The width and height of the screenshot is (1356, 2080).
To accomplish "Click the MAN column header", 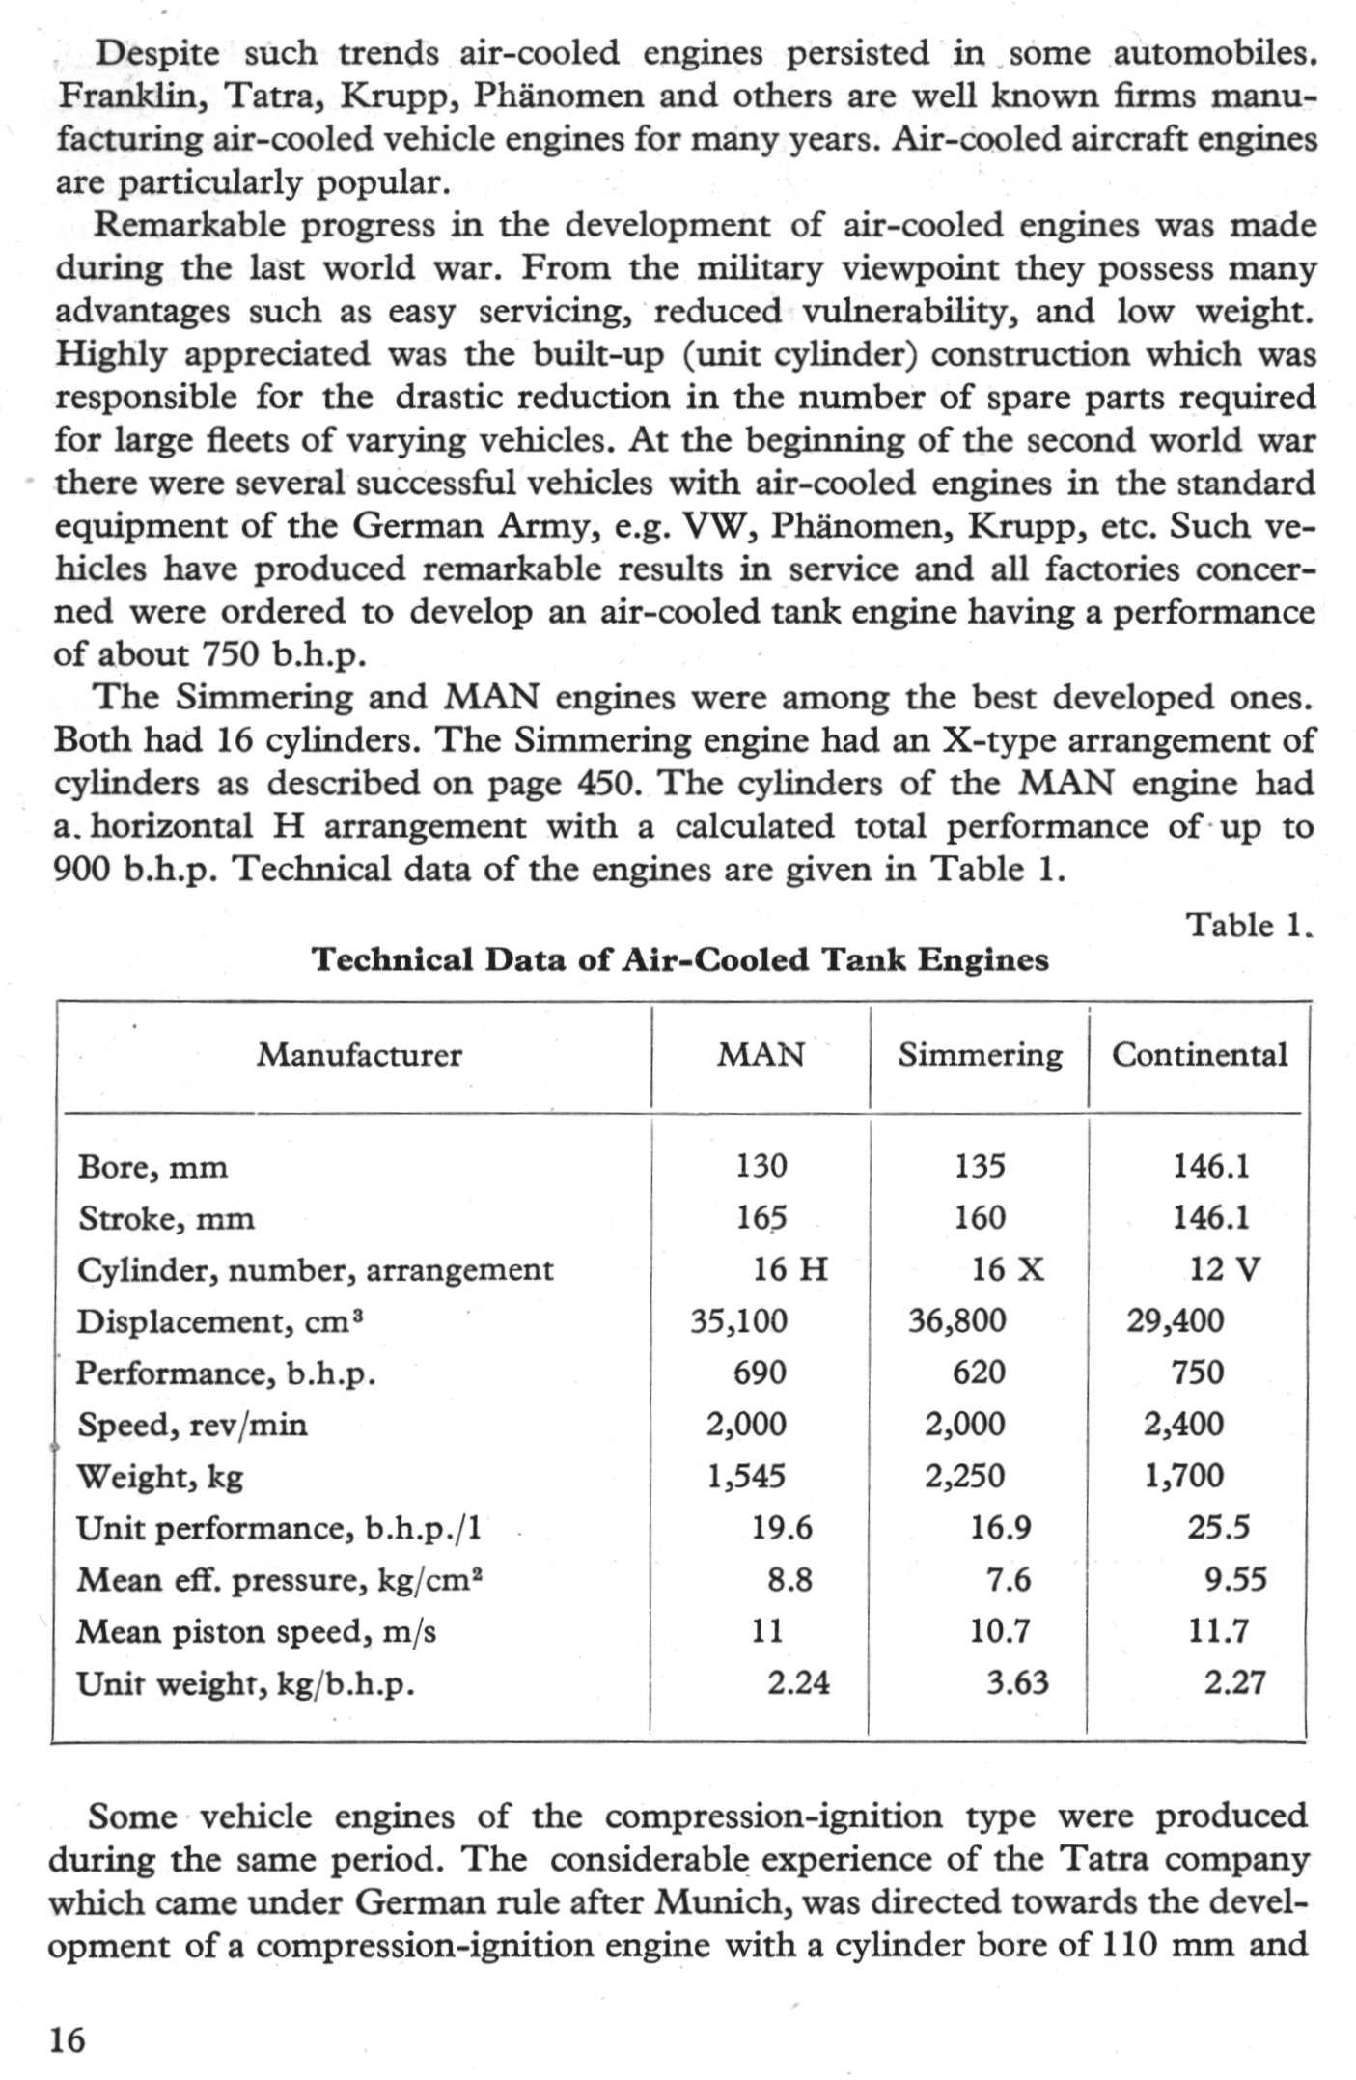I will (x=761, y=1054).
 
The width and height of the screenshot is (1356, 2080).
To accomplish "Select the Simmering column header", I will (x=980, y=1054).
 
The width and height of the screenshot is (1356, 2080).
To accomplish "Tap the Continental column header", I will (x=1200, y=1054).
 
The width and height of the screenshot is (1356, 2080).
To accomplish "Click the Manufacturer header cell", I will (x=359, y=1054).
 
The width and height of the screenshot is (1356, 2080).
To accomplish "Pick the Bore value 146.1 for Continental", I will (x=1211, y=1166).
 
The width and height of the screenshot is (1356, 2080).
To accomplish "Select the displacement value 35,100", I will (x=738, y=1320).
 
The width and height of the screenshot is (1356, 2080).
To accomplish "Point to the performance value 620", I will (x=979, y=1373).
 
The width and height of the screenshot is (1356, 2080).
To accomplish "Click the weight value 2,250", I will (x=964, y=1476).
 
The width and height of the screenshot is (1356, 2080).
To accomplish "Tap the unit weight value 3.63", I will (x=1017, y=1682).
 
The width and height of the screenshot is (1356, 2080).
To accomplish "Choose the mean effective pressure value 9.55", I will (x=1235, y=1579).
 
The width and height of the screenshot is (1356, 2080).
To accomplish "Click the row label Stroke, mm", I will (x=166, y=1218).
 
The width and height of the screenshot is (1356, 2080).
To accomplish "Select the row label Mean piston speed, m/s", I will (x=256, y=1631).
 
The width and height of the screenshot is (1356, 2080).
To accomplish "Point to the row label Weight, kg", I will (x=160, y=1476).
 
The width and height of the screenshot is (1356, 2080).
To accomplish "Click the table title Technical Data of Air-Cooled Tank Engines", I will (x=680, y=959).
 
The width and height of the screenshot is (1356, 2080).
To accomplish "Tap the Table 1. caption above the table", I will (x=1249, y=925).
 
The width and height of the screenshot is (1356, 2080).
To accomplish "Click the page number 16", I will (x=68, y=2039).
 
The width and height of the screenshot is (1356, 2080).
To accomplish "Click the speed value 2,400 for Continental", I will (x=1183, y=1424).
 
